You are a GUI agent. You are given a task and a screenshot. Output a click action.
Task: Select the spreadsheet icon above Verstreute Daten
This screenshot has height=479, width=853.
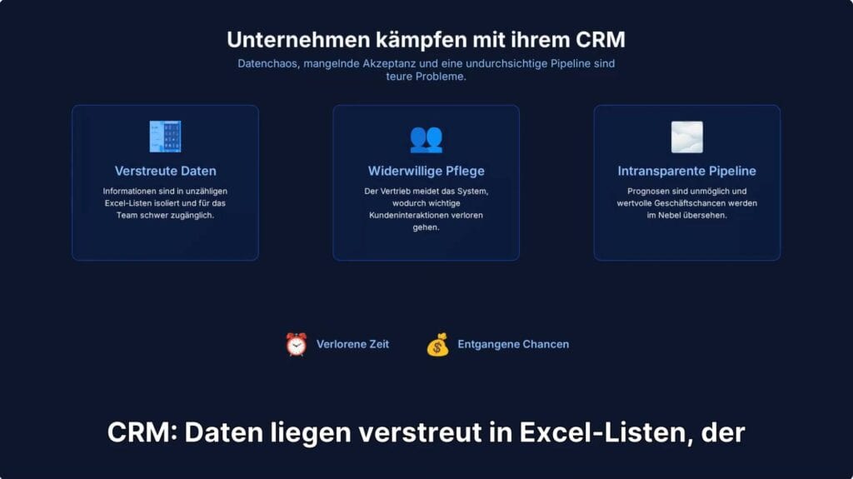pyautogui.click(x=165, y=137)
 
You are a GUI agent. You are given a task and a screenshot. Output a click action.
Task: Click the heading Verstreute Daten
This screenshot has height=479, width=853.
pyautogui.click(x=165, y=171)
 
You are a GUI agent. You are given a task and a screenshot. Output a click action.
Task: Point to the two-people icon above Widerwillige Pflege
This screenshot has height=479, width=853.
pyautogui.click(x=426, y=137)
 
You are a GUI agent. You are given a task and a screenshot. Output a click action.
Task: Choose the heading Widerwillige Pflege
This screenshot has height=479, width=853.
pyautogui.click(x=426, y=171)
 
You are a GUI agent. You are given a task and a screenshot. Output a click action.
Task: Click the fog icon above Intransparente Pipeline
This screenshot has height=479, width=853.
pyautogui.click(x=686, y=137)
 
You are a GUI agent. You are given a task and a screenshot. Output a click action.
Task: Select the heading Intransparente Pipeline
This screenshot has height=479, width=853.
pyautogui.click(x=686, y=171)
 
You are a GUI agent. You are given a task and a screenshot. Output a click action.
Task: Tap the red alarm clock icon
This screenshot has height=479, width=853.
pyautogui.click(x=296, y=344)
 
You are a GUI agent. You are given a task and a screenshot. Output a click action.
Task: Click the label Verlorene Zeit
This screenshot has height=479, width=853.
pyautogui.click(x=352, y=344)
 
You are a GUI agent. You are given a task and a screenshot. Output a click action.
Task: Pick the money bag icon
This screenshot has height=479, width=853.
pyautogui.click(x=437, y=344)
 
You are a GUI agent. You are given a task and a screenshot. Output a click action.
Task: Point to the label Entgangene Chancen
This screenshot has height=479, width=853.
pyautogui.click(x=513, y=344)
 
